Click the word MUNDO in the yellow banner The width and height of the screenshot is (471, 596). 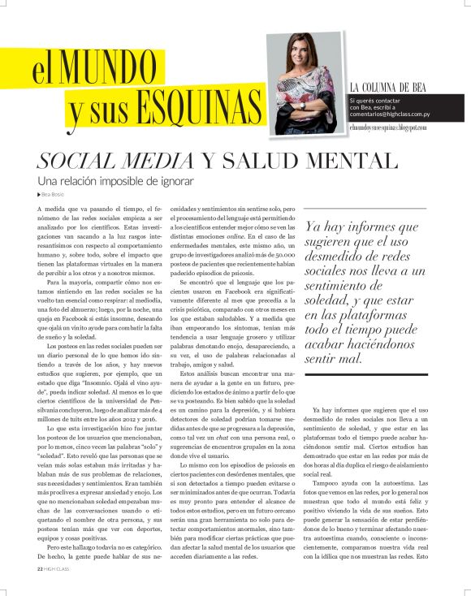coord(111,69)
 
